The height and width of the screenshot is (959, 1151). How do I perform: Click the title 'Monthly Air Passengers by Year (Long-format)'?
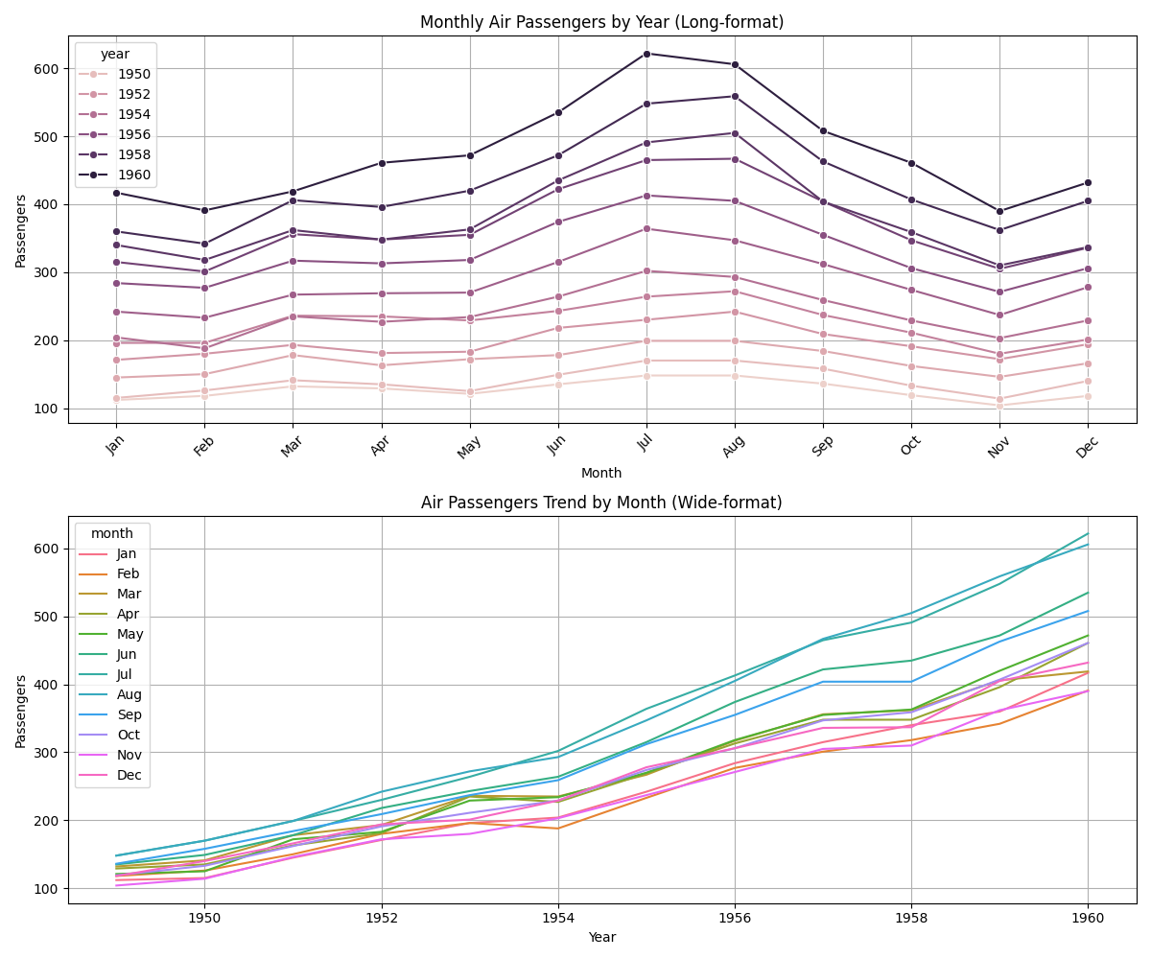tap(601, 22)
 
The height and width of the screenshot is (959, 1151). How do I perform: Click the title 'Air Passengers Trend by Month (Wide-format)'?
tap(601, 503)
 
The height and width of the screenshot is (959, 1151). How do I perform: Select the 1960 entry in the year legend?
tap(132, 175)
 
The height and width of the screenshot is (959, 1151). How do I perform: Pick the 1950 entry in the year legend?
tap(132, 74)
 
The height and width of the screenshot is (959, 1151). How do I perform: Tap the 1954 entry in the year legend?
tap(132, 114)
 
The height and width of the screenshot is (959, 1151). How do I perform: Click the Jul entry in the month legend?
tap(127, 674)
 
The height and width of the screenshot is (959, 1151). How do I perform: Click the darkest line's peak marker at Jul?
tap(646, 54)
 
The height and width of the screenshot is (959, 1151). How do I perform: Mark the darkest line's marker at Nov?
tap(999, 211)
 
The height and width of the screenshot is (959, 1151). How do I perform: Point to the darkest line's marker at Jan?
tap(116, 193)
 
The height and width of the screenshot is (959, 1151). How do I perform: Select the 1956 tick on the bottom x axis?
tap(735, 918)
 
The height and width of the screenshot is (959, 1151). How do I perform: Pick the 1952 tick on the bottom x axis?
tap(381, 918)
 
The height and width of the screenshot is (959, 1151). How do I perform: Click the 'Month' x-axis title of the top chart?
tap(601, 473)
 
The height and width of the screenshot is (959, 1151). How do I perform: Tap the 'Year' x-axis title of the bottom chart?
tap(601, 937)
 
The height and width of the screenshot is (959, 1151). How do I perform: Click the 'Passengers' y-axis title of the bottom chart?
tap(21, 711)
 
